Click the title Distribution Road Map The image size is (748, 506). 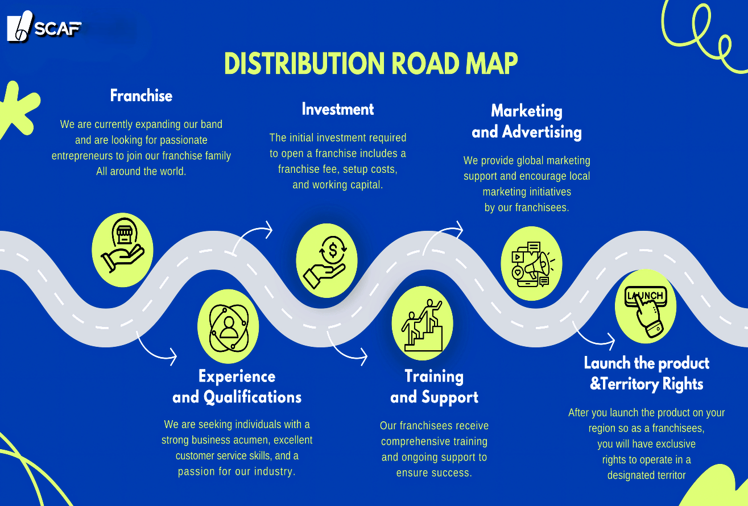tap(371, 64)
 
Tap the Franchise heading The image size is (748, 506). tap(141, 96)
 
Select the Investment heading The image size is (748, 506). tap(338, 109)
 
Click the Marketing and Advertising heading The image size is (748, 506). tap(527, 122)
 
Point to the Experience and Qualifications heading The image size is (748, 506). tap(237, 387)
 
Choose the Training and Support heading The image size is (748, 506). tap(434, 387)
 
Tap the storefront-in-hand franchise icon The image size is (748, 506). tap(122, 250)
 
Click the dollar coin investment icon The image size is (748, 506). tap(327, 260)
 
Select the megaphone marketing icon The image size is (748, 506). tap(531, 263)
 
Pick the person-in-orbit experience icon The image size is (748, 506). tap(228, 326)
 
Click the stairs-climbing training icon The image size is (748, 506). tap(422, 323)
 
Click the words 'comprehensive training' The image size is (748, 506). tap(434, 441)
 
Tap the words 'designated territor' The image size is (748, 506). tap(647, 475)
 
